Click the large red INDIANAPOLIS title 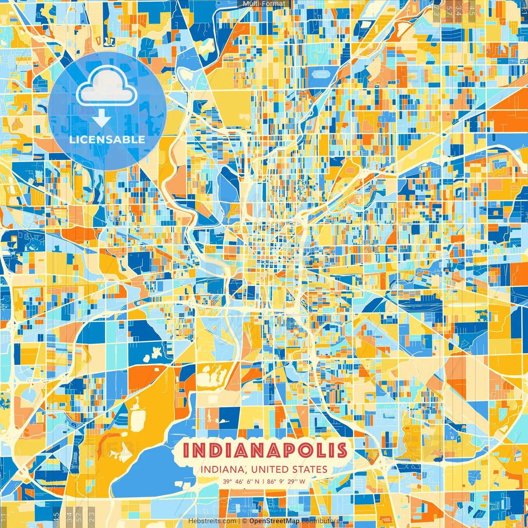pyautogui.click(x=264, y=450)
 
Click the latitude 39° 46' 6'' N pyautogui.click(x=241, y=481)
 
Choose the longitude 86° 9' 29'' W pyautogui.click(x=286, y=481)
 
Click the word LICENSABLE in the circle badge pyautogui.click(x=107, y=139)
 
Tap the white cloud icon pyautogui.click(x=107, y=85)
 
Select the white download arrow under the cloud pyautogui.click(x=101, y=118)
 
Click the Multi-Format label pyautogui.click(x=264, y=4)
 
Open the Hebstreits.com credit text pyautogui.click(x=212, y=521)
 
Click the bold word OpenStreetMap pyautogui.click(x=274, y=521)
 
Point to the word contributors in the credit pyautogui.click(x=321, y=521)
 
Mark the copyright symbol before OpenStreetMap pyautogui.click(x=245, y=521)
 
